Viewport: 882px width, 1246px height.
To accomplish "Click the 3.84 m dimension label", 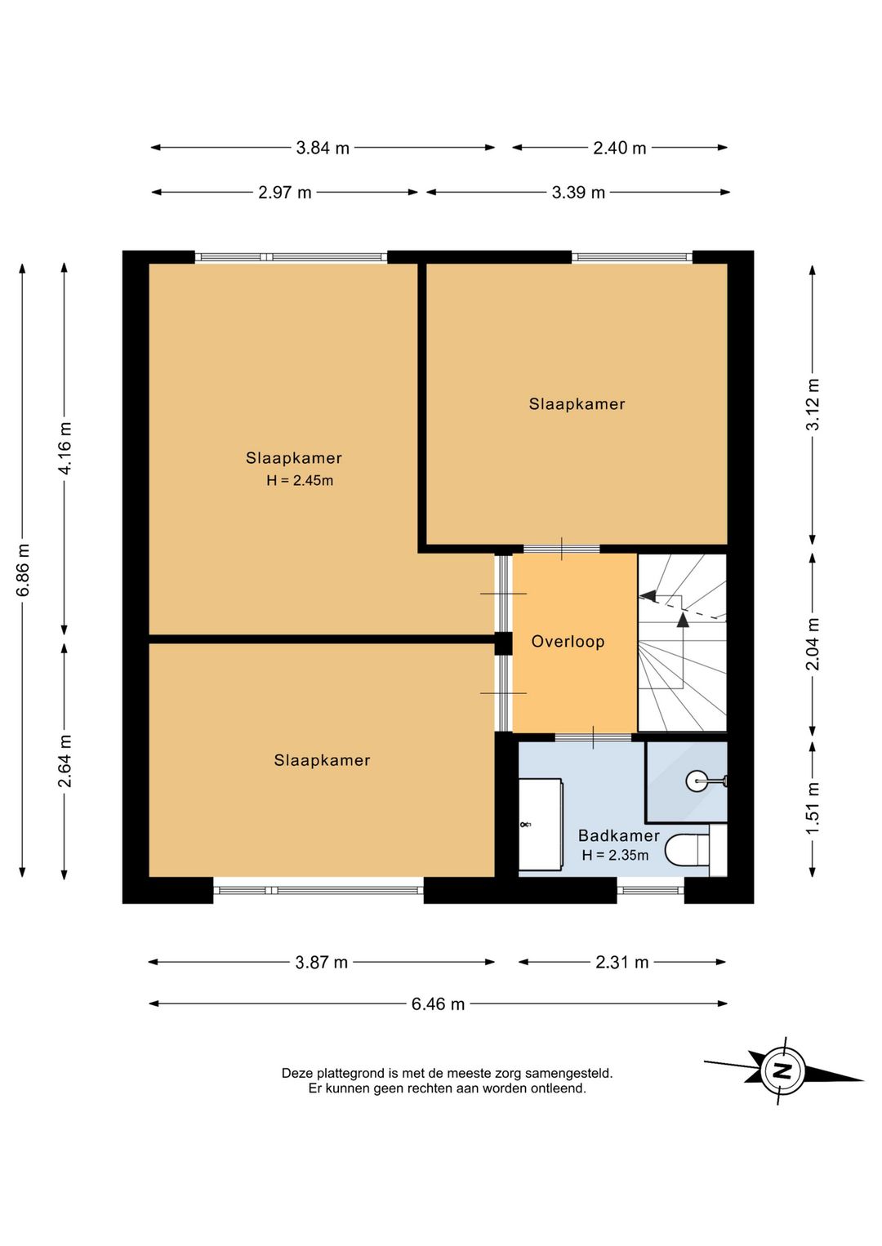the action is [x=323, y=148].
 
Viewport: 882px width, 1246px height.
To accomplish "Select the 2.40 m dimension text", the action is [x=619, y=148].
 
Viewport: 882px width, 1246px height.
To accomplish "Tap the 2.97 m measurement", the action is [x=284, y=193].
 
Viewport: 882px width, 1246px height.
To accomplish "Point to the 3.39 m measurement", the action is [x=578, y=193].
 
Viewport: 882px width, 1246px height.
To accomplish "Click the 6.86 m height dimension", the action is [x=23, y=569].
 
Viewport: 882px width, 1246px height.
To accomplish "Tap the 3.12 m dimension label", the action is [x=813, y=404].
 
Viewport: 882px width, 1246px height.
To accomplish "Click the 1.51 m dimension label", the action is [x=813, y=808].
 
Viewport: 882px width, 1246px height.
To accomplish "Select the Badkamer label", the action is [x=619, y=835].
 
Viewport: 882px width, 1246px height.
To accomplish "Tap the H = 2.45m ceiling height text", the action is [x=300, y=480].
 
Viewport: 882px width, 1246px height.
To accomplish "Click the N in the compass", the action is [x=782, y=1070].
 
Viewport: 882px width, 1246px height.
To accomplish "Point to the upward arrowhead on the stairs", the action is [x=682, y=620].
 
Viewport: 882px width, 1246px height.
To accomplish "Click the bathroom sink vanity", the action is [x=541, y=824].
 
